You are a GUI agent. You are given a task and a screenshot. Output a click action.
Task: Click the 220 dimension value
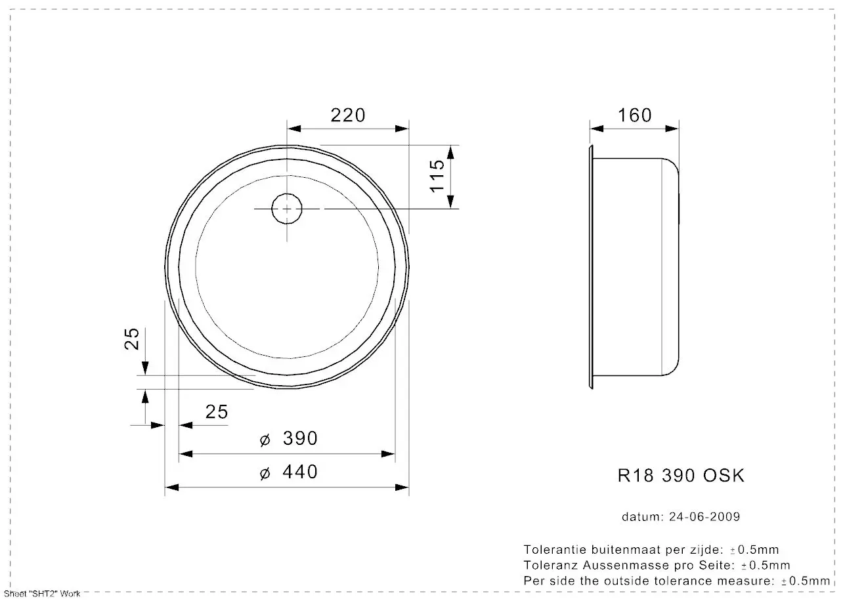(347, 115)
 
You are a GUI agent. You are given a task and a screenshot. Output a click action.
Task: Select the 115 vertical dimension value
(437, 175)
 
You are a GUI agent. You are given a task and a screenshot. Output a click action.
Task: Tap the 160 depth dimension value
(635, 115)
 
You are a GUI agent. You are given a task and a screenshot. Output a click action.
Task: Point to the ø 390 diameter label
(289, 438)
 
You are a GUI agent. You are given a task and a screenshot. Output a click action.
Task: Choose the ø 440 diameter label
(289, 472)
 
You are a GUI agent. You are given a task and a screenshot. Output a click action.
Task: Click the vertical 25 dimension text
(133, 338)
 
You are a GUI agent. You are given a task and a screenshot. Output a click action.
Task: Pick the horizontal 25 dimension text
(217, 411)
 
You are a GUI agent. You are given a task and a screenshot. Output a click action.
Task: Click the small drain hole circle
(287, 209)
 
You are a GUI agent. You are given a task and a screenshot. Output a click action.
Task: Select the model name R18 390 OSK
(681, 476)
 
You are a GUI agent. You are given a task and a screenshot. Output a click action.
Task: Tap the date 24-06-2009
(704, 517)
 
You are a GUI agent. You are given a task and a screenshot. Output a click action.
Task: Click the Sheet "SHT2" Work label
(41, 594)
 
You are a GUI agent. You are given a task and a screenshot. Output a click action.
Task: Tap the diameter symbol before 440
(265, 473)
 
